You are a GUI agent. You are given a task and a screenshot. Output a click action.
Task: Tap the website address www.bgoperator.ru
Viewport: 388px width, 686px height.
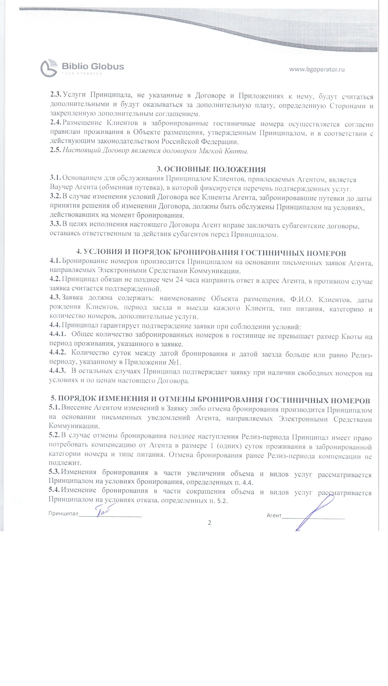pos(317,69)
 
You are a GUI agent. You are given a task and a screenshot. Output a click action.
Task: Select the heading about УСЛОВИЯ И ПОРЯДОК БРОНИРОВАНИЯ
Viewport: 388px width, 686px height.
pos(211,252)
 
